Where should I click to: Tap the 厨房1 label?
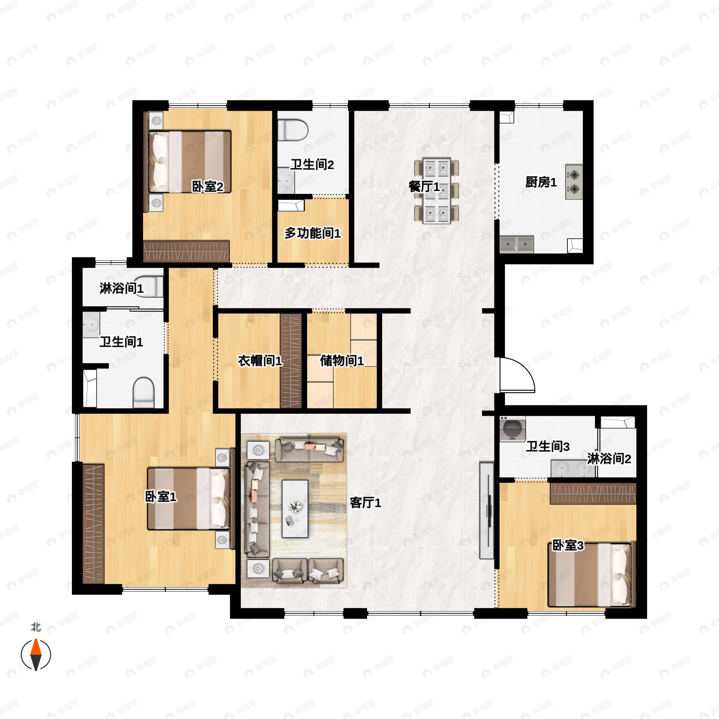tap(541, 182)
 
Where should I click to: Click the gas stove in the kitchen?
tap(574, 182)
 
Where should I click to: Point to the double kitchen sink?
tap(516, 244)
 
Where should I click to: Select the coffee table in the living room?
tap(295, 508)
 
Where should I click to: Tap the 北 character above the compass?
tap(36, 627)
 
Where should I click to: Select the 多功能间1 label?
tap(312, 233)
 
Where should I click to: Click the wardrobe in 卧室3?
tap(593, 493)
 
